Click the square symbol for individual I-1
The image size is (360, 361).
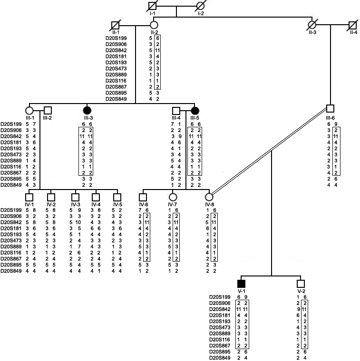click(152, 7)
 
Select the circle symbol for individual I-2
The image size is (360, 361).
click(200, 7)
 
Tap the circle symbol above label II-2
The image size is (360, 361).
click(153, 25)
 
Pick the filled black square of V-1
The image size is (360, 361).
click(241, 284)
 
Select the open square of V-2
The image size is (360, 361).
click(300, 284)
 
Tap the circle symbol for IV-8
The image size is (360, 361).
click(208, 197)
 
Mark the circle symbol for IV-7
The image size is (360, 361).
click(173, 197)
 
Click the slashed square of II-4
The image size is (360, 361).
click(352, 25)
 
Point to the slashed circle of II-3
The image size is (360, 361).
click(312, 25)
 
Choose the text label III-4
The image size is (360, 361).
click(176, 118)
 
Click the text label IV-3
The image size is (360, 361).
click(75, 204)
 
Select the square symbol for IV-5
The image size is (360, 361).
click(116, 197)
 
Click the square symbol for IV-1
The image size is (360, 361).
click(29, 197)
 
